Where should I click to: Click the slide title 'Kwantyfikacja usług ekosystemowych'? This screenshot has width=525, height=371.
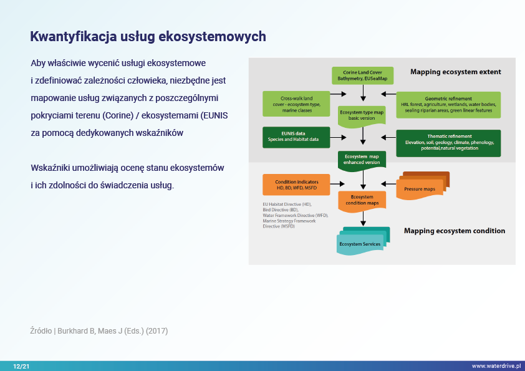(148, 36)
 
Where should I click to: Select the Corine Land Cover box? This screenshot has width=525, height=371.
(362, 75)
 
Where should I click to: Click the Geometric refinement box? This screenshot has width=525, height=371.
(448, 103)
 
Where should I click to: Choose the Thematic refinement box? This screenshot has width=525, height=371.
(449, 142)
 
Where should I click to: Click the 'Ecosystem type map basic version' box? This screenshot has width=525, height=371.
(362, 114)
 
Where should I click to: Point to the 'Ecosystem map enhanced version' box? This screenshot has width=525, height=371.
(362, 159)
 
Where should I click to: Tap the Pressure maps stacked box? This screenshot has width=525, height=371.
(424, 186)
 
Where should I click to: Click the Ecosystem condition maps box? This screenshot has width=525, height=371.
(362, 200)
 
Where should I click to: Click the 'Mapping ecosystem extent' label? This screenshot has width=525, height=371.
(455, 72)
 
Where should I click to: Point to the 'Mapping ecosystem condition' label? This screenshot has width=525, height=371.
(455, 231)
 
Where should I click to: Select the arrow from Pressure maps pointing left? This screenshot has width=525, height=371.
(388, 183)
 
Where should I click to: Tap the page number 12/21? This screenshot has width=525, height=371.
(21, 366)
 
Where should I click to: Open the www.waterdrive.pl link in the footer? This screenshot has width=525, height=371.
(496, 366)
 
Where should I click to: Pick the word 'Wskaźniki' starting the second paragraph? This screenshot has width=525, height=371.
(49, 168)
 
